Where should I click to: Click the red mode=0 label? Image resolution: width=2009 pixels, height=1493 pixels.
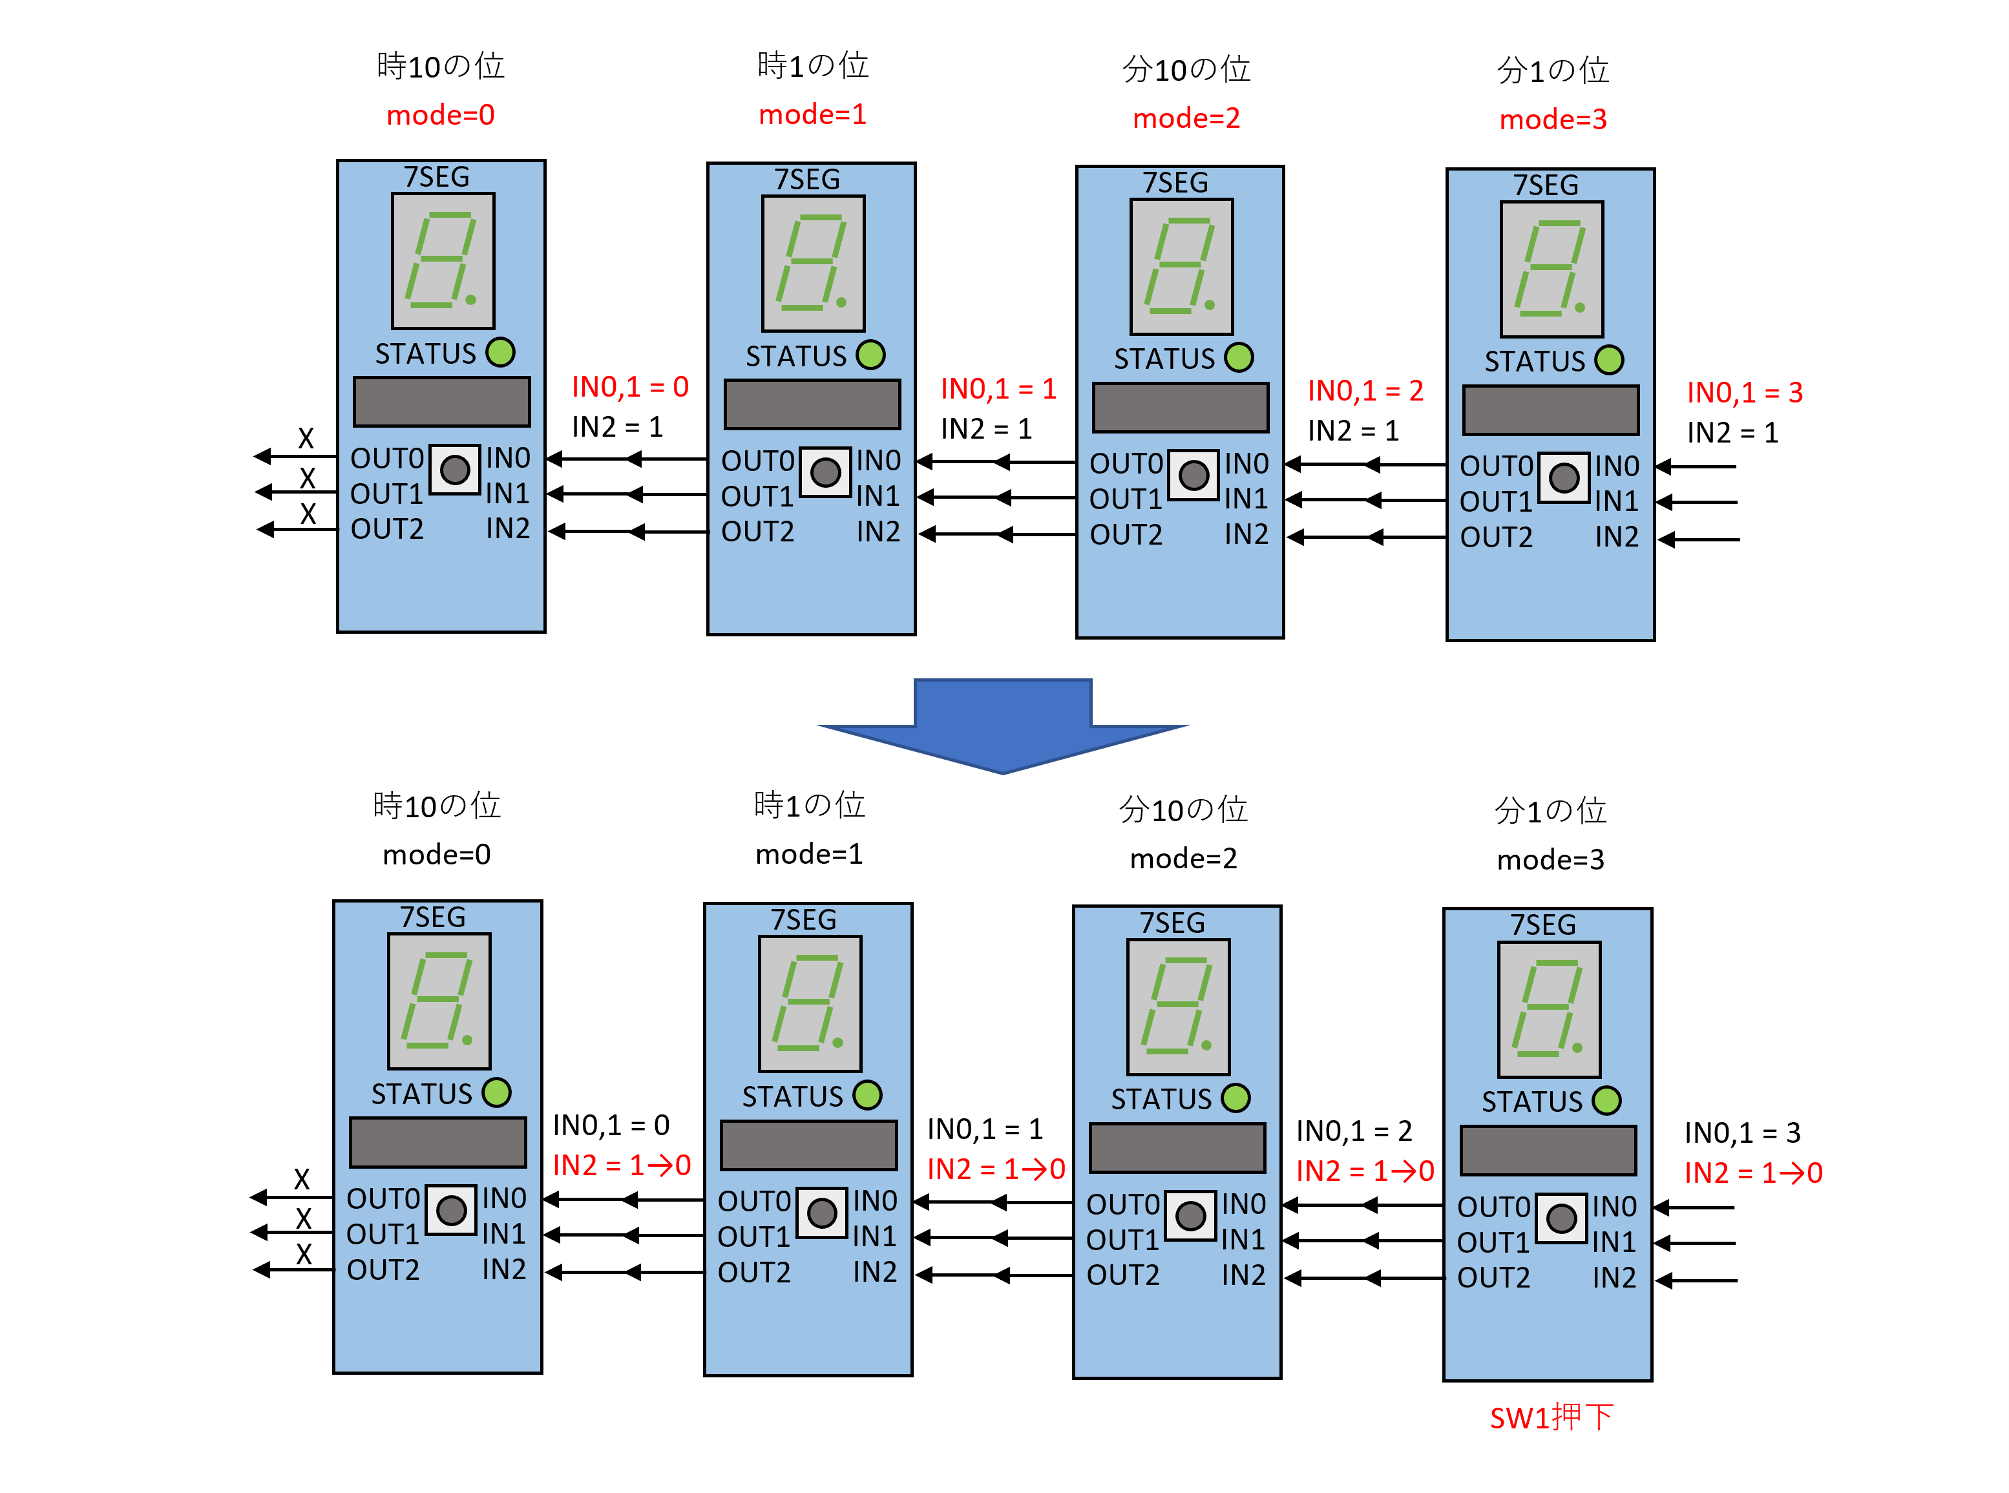tap(440, 115)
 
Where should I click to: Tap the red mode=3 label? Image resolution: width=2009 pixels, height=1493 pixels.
tap(1553, 120)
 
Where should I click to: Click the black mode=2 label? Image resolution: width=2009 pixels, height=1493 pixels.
tap(1183, 858)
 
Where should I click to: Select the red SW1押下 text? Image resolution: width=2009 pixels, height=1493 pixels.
tap(1551, 1417)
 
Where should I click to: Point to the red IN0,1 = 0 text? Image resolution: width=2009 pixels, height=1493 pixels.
tap(630, 387)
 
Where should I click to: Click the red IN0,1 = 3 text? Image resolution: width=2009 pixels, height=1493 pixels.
tap(1744, 392)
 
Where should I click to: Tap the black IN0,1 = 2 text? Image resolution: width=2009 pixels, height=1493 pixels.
tap(1354, 1131)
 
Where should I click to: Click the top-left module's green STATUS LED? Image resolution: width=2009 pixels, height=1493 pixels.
tap(500, 353)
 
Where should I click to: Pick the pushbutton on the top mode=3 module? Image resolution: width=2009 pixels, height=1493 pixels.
tap(1564, 477)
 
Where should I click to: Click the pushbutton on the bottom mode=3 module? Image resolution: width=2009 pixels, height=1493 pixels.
tap(1561, 1218)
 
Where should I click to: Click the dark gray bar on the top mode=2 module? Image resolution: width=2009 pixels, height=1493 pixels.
tap(1181, 408)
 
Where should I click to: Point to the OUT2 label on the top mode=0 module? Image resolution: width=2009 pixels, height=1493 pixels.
tap(387, 528)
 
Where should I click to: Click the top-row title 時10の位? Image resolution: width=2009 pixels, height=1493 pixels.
tap(440, 66)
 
